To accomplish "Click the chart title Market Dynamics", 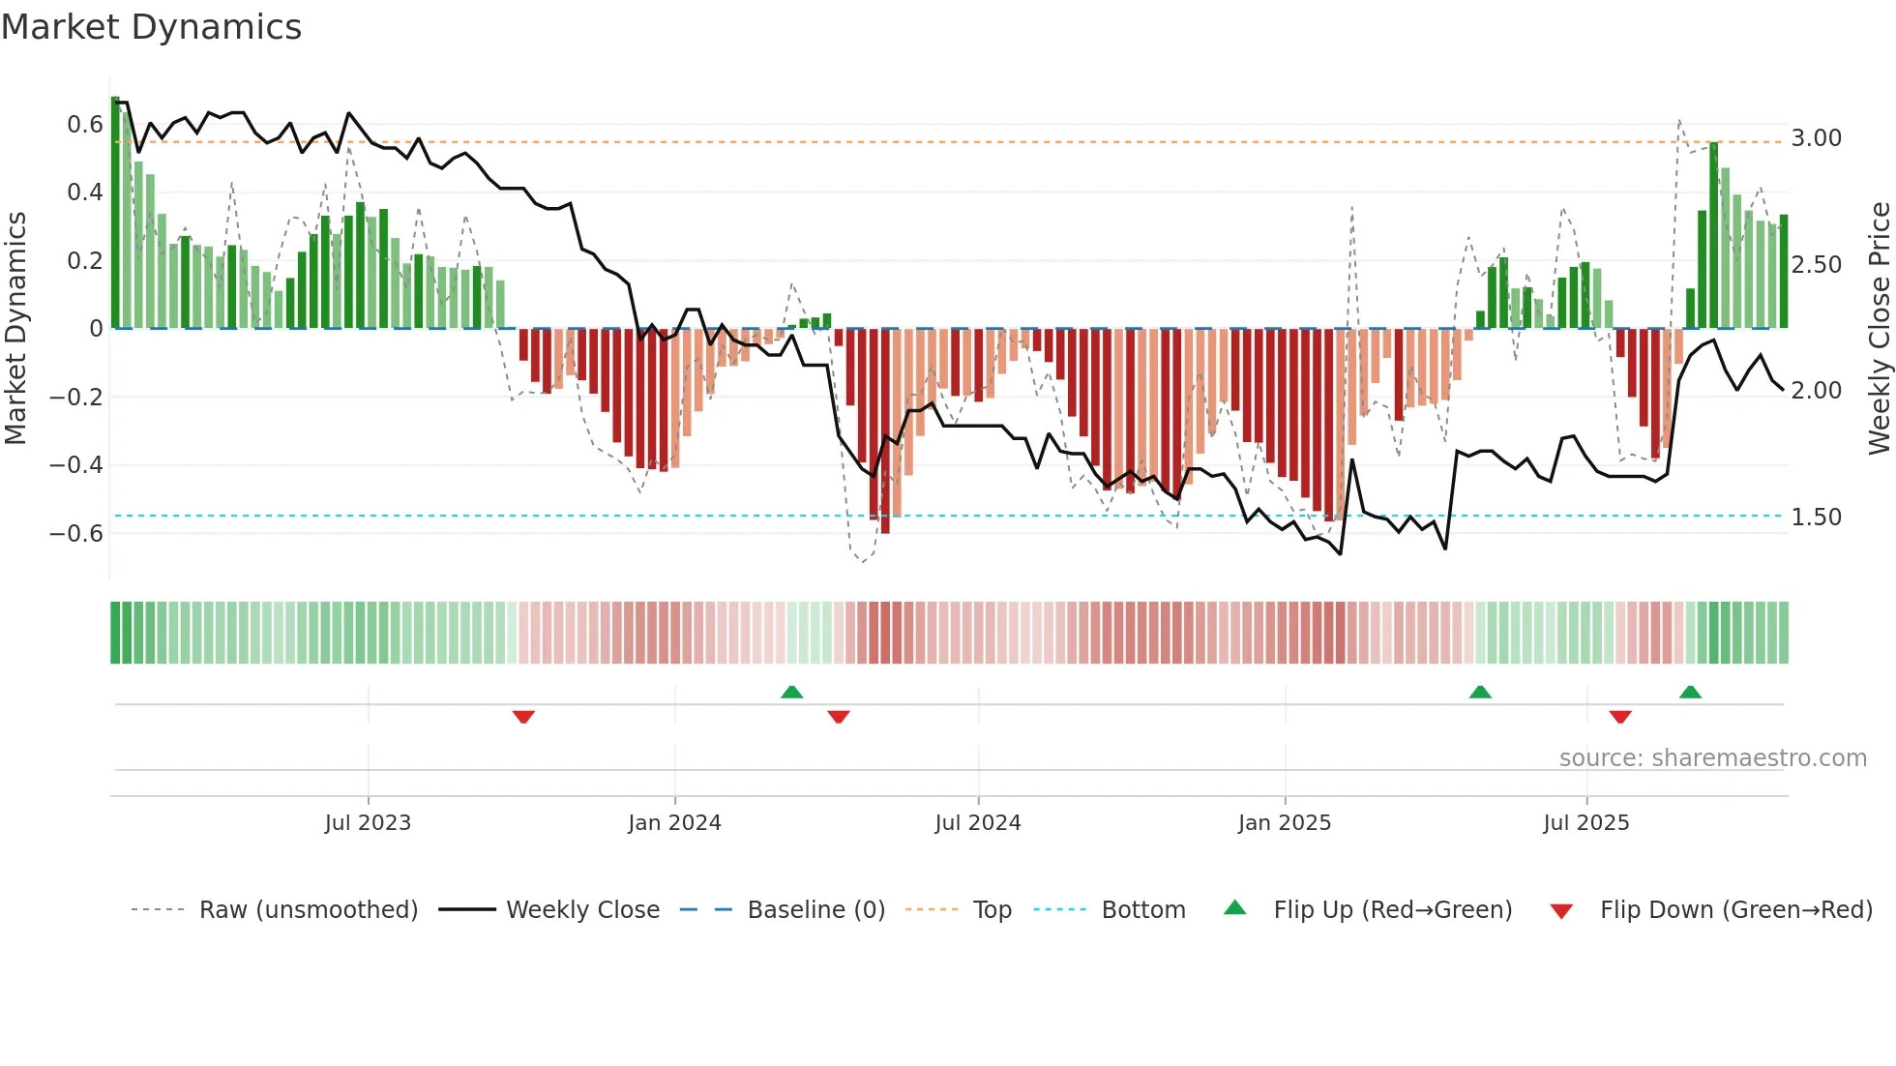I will (x=152, y=27).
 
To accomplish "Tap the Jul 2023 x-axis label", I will (x=368, y=823).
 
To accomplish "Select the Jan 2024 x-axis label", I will (x=674, y=823).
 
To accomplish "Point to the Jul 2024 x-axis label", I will (x=978, y=823).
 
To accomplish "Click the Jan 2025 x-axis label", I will (x=1285, y=823).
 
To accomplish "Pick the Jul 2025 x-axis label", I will (x=1586, y=823).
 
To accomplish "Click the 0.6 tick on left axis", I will (x=85, y=125).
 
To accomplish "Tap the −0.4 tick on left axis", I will (x=76, y=465).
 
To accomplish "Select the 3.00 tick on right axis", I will (x=1816, y=138).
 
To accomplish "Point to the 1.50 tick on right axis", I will (x=1816, y=518).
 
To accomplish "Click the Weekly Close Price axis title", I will (x=1879, y=328).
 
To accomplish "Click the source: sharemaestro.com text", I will (x=1712, y=758).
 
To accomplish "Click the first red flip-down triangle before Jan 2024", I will (x=523, y=717).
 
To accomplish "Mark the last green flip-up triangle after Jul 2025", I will (x=1690, y=692).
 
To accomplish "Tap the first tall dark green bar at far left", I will (x=115, y=213).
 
